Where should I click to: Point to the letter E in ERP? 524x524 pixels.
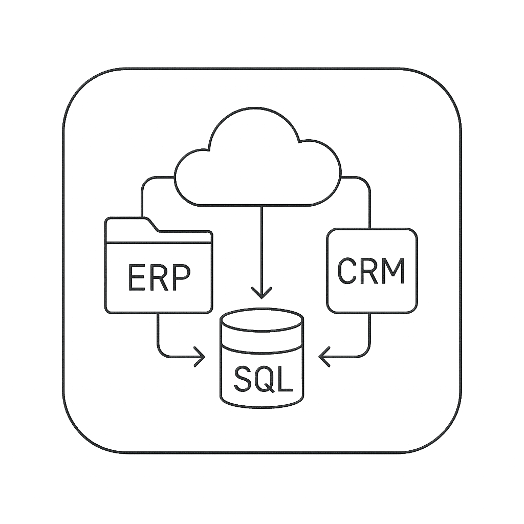(x=136, y=278)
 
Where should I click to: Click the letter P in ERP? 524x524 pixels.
(x=182, y=278)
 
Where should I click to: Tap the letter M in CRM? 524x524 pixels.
(x=393, y=271)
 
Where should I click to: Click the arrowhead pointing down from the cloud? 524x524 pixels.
(x=262, y=294)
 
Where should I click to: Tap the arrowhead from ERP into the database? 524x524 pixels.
(x=200, y=356)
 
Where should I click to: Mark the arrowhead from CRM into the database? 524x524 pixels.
(x=324, y=356)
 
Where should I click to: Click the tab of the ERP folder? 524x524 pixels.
(x=131, y=224)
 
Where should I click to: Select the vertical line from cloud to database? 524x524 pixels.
(x=262, y=246)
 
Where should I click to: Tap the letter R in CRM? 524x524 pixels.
(x=368, y=271)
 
